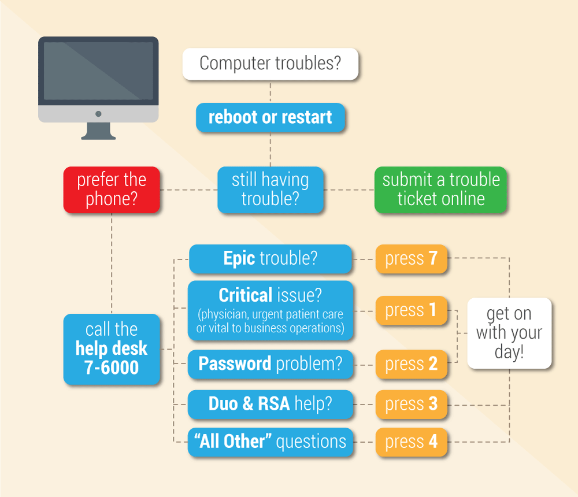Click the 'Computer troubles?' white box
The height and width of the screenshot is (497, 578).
[271, 64]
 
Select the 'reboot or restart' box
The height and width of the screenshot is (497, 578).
[271, 117]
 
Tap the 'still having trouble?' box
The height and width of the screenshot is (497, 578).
[271, 190]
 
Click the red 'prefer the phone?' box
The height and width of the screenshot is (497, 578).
[112, 190]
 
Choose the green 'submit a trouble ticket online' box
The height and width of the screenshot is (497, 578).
[440, 190]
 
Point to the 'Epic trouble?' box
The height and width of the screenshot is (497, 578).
[271, 258]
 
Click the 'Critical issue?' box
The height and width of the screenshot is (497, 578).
[271, 311]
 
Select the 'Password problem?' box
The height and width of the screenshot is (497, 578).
[271, 364]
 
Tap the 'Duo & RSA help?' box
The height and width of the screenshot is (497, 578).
[271, 404]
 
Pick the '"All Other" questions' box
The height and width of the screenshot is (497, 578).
[271, 442]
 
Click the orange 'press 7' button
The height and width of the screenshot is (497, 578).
[411, 258]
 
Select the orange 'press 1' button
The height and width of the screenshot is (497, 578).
[411, 310]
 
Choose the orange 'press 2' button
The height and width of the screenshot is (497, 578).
[411, 364]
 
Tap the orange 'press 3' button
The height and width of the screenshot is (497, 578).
[411, 404]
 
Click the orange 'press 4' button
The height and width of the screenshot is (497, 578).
[411, 442]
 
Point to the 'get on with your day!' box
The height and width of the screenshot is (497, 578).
[509, 333]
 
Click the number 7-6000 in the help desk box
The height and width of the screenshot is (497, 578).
[112, 368]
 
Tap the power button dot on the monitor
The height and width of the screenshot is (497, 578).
[98, 114]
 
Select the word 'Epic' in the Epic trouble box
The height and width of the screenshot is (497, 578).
[239, 258]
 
